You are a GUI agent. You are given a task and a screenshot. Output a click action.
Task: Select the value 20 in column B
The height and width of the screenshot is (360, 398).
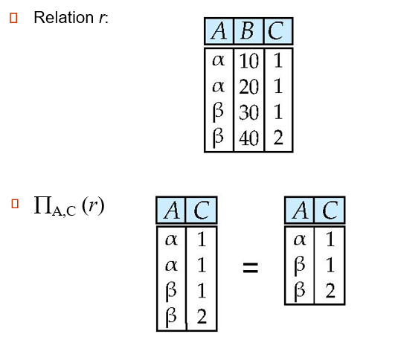[249, 86]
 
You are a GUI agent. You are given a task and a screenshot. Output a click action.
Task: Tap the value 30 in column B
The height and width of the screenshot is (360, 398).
[249, 112]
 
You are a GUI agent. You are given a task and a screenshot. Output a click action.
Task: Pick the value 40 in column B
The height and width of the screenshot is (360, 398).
[249, 138]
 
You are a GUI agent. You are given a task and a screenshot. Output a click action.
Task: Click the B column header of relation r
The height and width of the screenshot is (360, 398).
[248, 31]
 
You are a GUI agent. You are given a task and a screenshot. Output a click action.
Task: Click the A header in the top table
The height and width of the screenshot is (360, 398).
[219, 31]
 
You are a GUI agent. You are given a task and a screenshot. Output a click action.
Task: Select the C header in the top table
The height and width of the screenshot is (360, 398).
[277, 31]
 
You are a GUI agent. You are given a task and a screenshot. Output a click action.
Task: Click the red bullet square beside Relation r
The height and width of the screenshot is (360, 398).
[13, 16]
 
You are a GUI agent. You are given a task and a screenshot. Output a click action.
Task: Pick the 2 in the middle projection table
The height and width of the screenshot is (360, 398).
[201, 318]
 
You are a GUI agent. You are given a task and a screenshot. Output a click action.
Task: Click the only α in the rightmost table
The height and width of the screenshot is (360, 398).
[301, 240]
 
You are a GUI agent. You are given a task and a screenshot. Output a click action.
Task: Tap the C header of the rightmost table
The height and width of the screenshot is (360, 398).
[330, 211]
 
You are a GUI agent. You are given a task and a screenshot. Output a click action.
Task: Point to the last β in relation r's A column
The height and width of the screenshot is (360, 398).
[218, 138]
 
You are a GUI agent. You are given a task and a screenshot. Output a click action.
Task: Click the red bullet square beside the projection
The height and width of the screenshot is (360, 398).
[13, 202]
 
